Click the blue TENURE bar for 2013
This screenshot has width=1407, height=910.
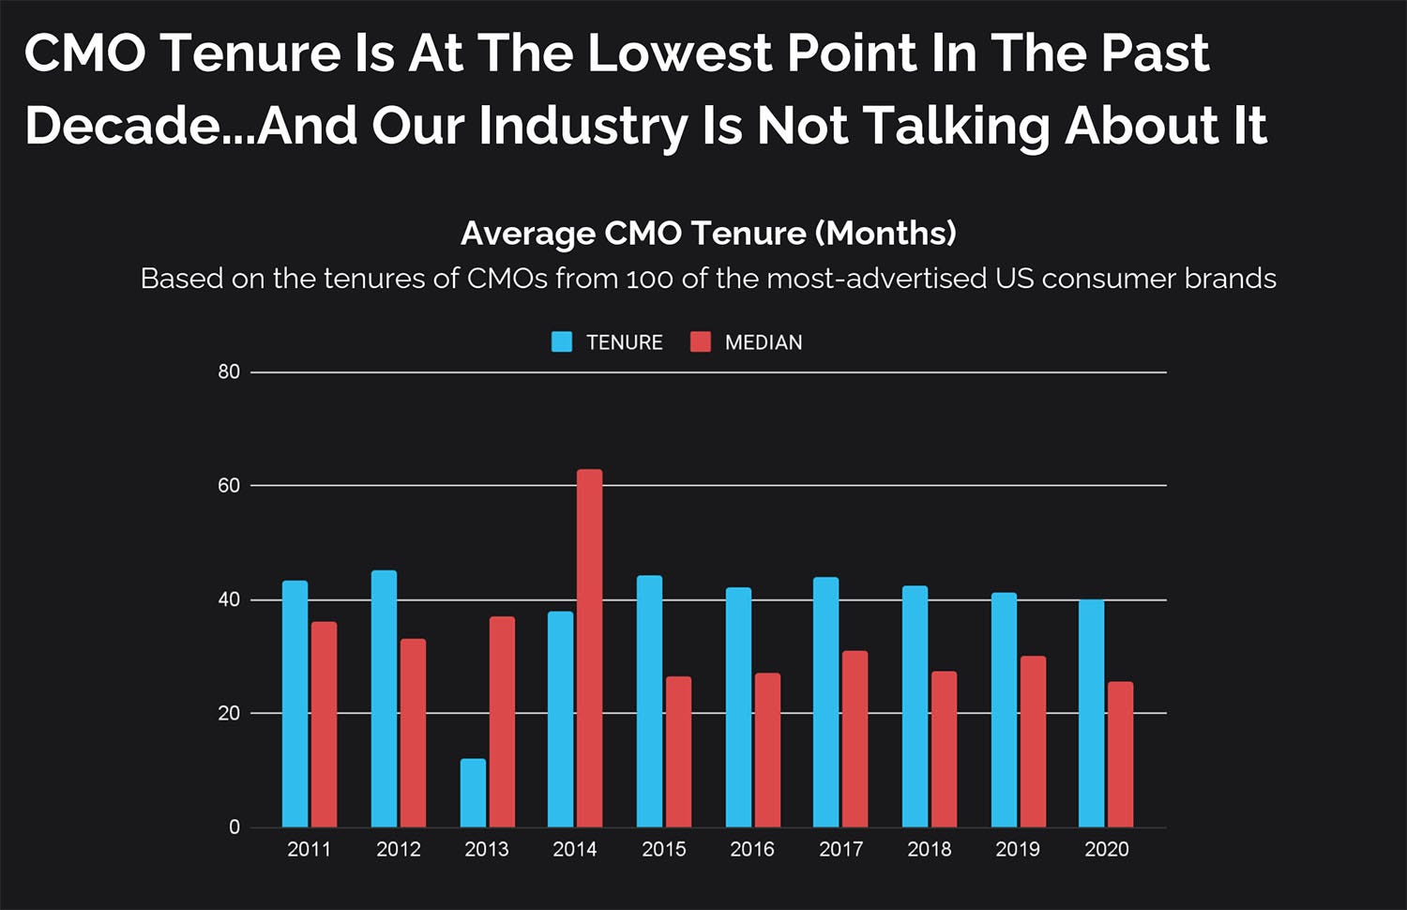pyautogui.click(x=473, y=793)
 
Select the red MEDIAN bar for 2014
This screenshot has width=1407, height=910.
pyautogui.click(x=589, y=647)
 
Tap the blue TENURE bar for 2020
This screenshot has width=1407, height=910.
pyautogui.click(x=1091, y=713)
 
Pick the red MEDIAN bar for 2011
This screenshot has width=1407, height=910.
pyautogui.click(x=324, y=724)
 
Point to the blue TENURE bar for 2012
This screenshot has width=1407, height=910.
pyautogui.click(x=384, y=699)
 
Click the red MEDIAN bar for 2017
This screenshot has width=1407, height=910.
pyautogui.click(x=855, y=738)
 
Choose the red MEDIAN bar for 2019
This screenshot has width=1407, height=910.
pyautogui.click(x=1033, y=741)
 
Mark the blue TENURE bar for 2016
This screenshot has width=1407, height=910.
pyautogui.click(x=738, y=707)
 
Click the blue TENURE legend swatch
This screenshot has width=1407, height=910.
pyautogui.click(x=562, y=342)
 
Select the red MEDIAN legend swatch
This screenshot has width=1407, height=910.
pyautogui.click(x=700, y=342)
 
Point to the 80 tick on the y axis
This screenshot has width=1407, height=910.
pyautogui.click(x=229, y=372)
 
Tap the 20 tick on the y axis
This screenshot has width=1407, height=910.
pyautogui.click(x=229, y=714)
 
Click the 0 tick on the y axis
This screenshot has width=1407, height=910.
pyautogui.click(x=234, y=827)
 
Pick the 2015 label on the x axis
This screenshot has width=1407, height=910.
pyautogui.click(x=663, y=850)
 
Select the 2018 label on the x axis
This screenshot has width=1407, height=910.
pyautogui.click(x=929, y=850)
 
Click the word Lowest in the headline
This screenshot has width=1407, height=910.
pyautogui.click(x=679, y=53)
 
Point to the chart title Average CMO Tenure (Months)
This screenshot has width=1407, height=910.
pyautogui.click(x=708, y=234)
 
